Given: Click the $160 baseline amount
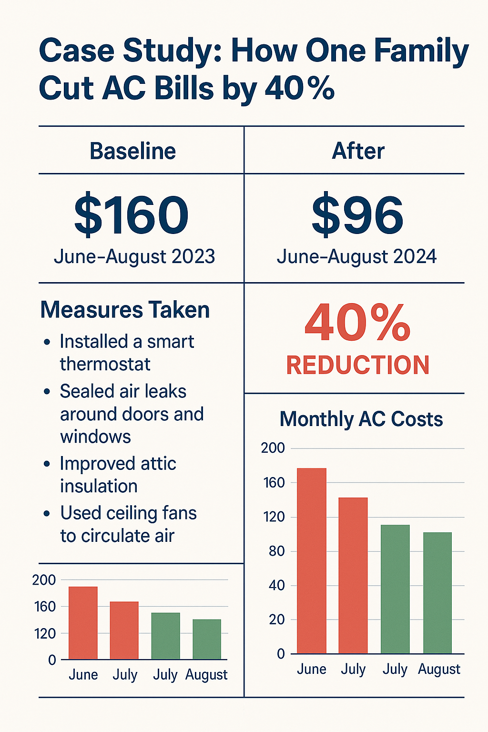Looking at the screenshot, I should click(x=132, y=215).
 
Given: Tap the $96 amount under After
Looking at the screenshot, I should click(x=357, y=215).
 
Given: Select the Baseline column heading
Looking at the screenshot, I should click(x=133, y=151).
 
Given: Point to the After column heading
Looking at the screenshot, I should click(x=358, y=151).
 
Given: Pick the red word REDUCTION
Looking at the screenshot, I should click(x=358, y=365).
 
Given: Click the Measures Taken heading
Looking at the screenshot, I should click(x=125, y=310).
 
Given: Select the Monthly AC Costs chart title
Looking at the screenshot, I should click(x=361, y=419).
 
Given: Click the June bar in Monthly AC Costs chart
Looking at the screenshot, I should click(x=312, y=560).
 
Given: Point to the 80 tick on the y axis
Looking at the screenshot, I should click(x=277, y=551).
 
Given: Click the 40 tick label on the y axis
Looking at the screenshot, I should click(x=277, y=586).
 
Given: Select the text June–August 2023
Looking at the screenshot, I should click(x=134, y=256).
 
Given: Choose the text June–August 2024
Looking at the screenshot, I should click(x=356, y=256).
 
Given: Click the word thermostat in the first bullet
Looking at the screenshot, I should click(x=105, y=364).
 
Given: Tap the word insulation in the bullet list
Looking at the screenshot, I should click(x=99, y=486).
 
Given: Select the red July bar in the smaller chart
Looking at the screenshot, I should click(x=124, y=630).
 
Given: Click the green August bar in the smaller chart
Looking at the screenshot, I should click(x=207, y=639).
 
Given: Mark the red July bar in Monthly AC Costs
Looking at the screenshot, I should click(x=353, y=575).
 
